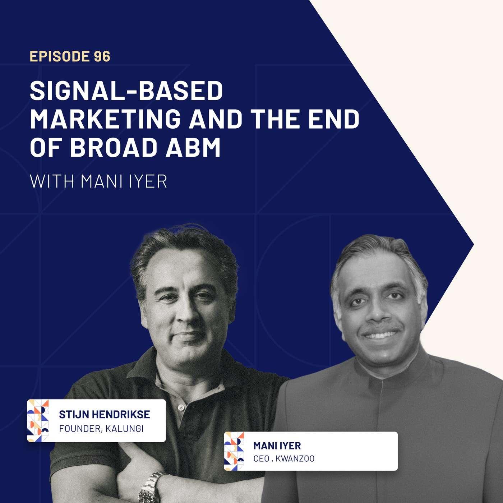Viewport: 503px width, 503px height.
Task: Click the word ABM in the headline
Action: [x=193, y=148]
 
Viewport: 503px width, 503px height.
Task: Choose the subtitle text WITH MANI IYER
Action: [x=98, y=181]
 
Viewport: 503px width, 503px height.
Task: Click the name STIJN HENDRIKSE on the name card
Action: [x=105, y=414]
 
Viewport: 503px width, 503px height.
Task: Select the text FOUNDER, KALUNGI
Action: [x=101, y=429]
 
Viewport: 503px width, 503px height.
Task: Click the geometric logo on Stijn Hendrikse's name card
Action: [x=38, y=421]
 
